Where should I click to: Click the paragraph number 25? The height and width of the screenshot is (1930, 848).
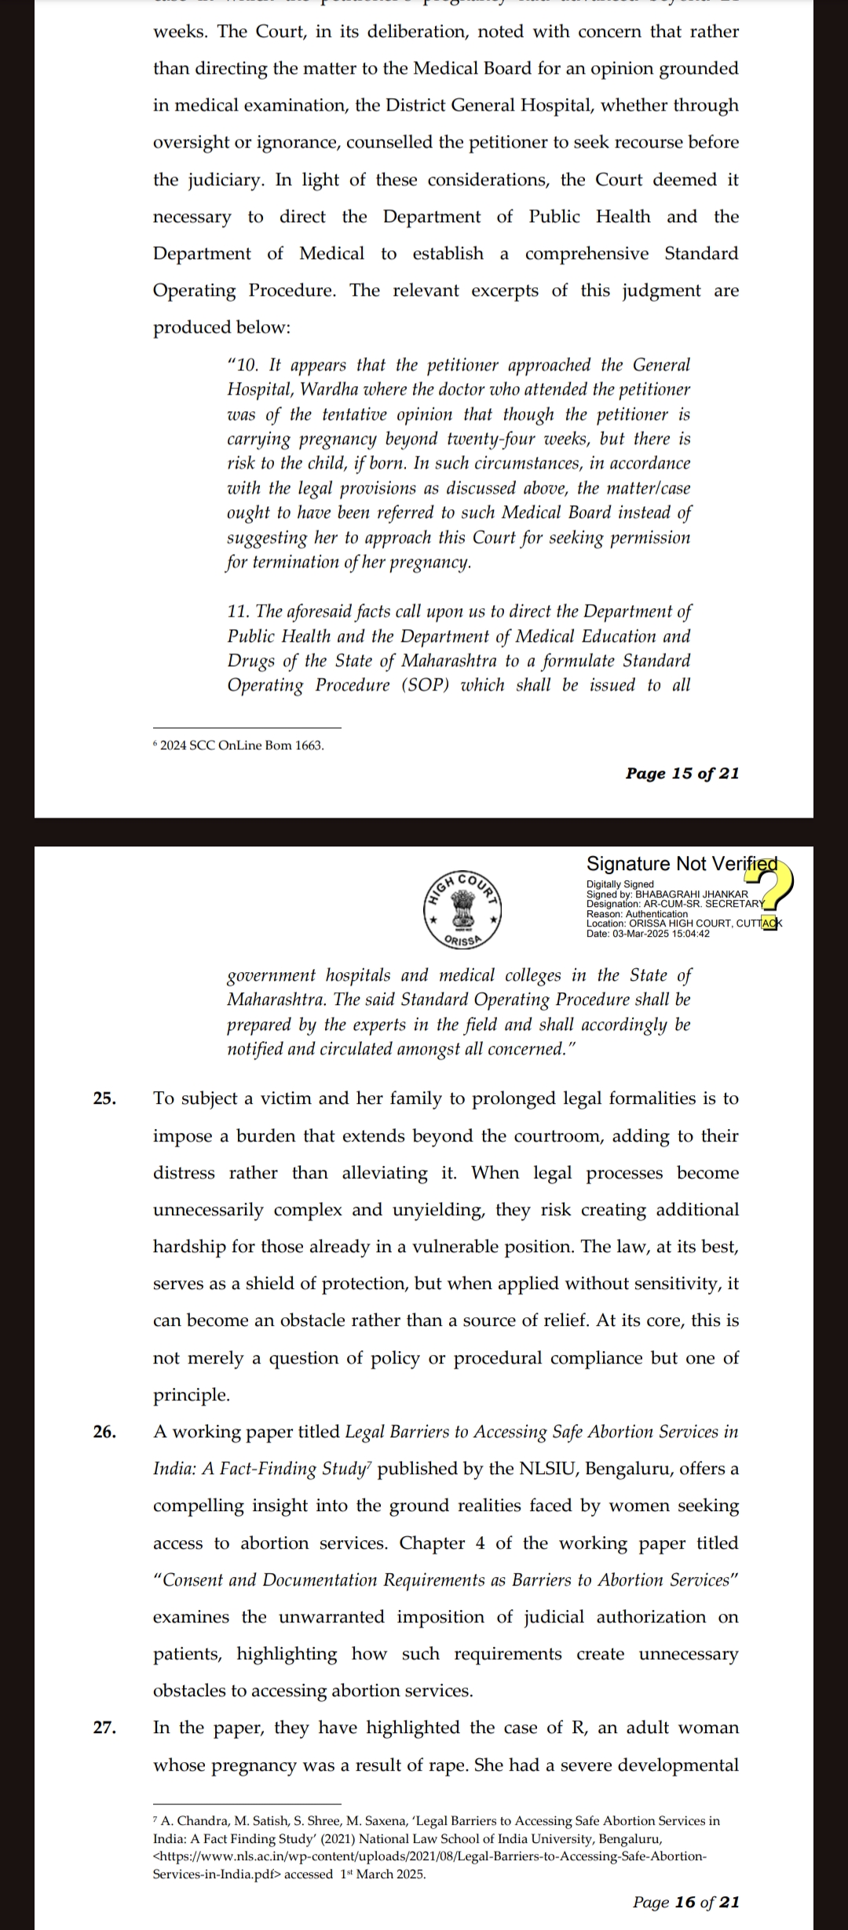[x=105, y=1098]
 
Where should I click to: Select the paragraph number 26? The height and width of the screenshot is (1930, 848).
[x=105, y=1432]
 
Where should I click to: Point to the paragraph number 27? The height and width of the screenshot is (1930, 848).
[x=105, y=1728]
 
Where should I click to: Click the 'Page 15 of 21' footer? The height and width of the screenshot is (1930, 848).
[x=682, y=774]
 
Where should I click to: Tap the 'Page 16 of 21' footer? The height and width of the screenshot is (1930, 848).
[x=685, y=1902]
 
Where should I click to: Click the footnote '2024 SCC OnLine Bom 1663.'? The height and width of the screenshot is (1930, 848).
[x=241, y=745]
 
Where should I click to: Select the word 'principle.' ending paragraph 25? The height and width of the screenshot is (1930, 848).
[x=192, y=1395]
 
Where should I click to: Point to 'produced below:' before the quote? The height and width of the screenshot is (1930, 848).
[x=221, y=327]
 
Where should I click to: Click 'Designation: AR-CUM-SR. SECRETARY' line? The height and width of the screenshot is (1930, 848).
[x=674, y=904]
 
